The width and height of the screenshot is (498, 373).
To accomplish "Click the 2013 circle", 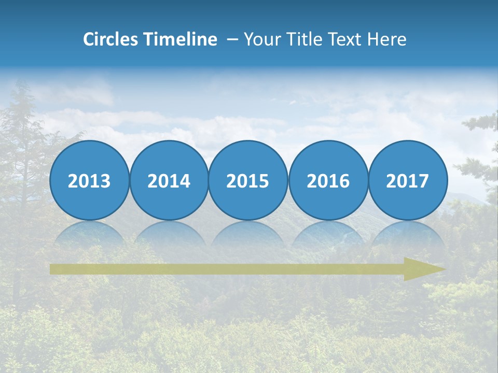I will click(89, 180).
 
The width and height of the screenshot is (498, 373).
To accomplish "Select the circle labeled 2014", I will click(169, 180).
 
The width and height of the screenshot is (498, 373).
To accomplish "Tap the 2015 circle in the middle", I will click(248, 180).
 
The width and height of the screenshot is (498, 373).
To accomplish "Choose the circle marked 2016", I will click(328, 180).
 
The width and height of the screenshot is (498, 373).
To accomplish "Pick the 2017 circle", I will click(408, 180).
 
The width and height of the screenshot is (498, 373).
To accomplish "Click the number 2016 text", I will click(328, 181).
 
